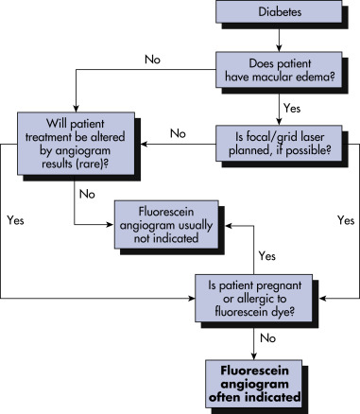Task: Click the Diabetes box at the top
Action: coord(279,11)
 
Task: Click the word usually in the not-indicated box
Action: coord(196,225)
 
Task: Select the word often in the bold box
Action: coord(225,397)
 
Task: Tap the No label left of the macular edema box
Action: coord(152,60)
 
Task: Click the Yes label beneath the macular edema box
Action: coord(292,108)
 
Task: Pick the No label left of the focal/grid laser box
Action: coord(178,133)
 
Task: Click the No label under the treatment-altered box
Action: coord(87,194)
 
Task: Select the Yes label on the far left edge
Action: coord(15,220)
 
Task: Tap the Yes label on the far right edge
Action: coord(346,220)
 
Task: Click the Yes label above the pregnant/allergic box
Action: coord(267,256)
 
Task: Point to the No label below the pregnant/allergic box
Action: coord(268,338)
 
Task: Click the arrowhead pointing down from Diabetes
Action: coord(279,48)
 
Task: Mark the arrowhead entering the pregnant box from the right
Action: coord(323,298)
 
